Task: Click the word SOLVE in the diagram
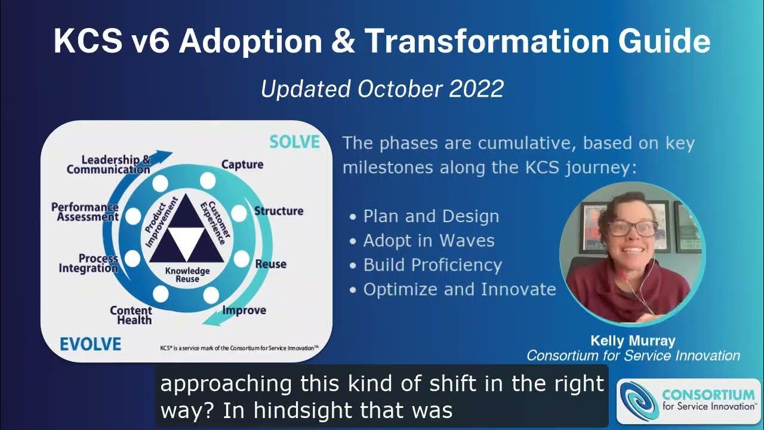(294, 142)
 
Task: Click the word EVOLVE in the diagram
(90, 344)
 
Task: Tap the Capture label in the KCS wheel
(242, 164)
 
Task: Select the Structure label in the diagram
(278, 211)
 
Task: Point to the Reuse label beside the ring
(270, 264)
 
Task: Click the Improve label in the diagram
(244, 310)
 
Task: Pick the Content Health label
(131, 315)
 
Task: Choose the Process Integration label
(88, 263)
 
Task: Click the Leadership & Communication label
(109, 164)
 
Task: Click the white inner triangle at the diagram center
(187, 238)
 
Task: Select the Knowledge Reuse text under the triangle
(187, 275)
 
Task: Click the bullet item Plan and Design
(431, 216)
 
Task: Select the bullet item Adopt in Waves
(429, 241)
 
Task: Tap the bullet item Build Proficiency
(432, 265)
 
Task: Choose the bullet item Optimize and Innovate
(459, 290)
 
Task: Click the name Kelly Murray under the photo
(633, 341)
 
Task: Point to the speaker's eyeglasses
(632, 228)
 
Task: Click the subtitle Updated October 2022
(382, 89)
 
